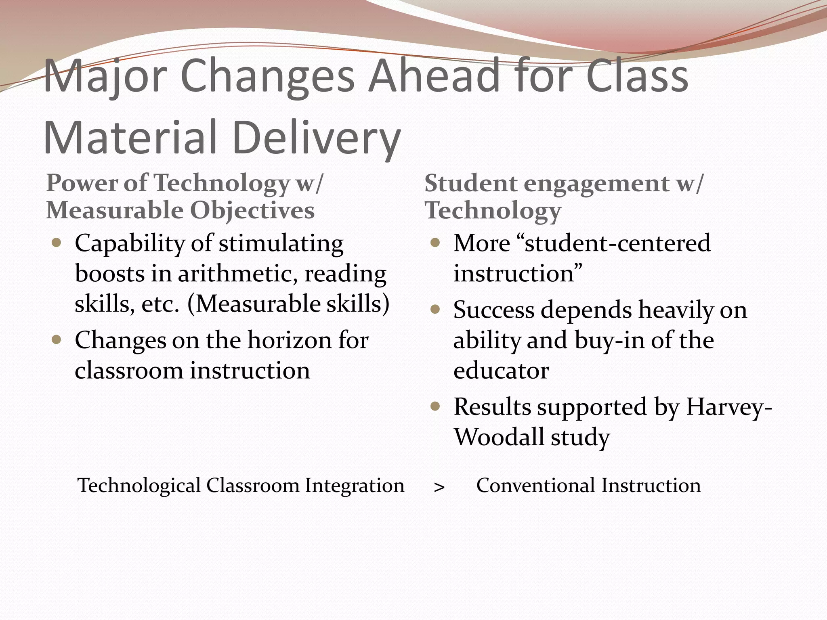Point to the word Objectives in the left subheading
tap(252, 211)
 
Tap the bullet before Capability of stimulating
tap(57, 243)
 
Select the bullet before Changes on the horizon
tap(57, 340)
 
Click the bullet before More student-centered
tap(435, 243)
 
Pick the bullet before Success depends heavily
tap(435, 310)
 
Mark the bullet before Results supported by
tap(435, 406)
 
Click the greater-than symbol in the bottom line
tap(439, 487)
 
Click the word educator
tap(501, 371)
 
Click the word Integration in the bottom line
tap(355, 485)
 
